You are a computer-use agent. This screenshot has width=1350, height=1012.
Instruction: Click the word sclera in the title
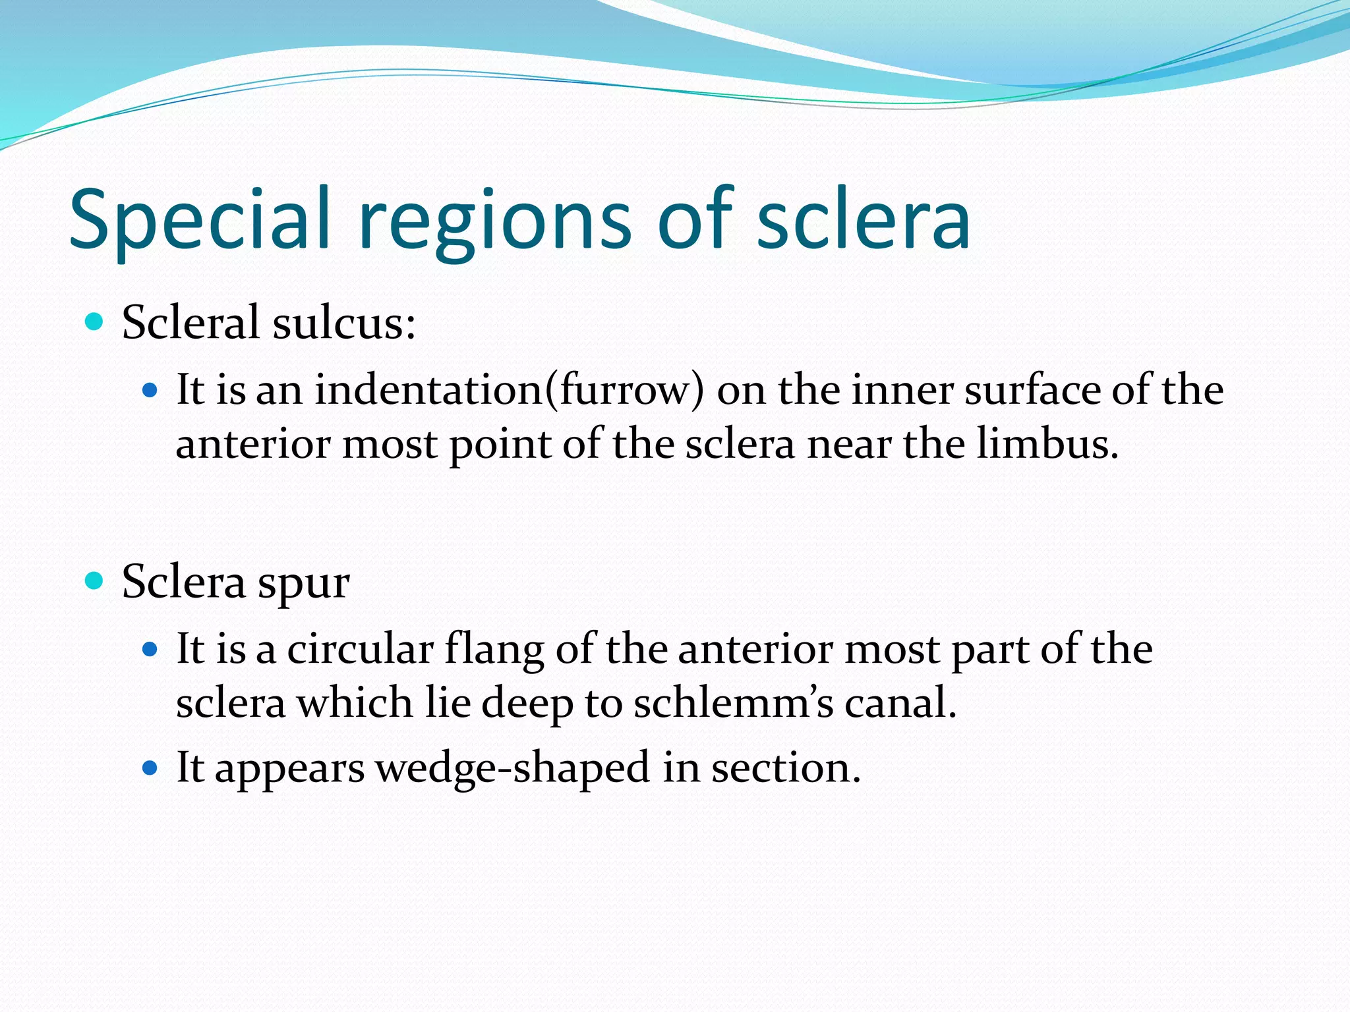pos(864,221)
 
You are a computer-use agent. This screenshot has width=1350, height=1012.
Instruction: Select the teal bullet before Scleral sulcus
pos(95,322)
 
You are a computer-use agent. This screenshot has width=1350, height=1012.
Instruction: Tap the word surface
pos(1032,389)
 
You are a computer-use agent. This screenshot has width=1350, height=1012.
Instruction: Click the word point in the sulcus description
pos(500,445)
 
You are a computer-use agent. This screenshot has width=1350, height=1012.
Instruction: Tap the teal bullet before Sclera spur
pos(95,580)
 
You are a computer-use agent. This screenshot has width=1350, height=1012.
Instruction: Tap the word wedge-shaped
pos(513,769)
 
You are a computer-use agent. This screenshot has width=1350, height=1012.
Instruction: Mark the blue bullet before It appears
pos(150,768)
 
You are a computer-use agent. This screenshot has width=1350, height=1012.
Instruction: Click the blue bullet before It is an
pos(150,390)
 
